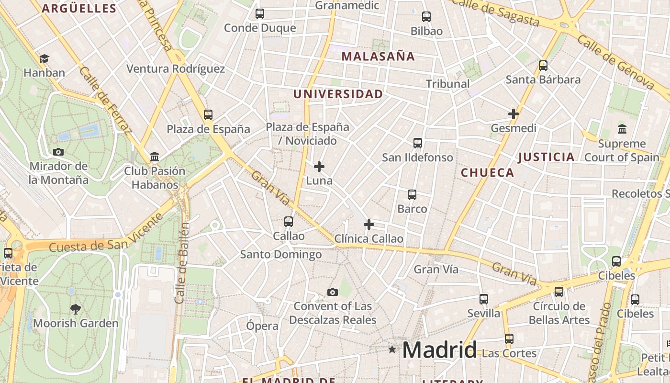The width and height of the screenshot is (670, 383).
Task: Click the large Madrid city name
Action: tap(439, 350)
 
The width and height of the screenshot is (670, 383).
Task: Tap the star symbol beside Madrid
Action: tap(392, 349)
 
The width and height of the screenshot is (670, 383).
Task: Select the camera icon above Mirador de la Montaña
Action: tap(58, 152)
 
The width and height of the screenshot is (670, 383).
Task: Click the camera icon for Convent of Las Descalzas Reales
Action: tap(333, 292)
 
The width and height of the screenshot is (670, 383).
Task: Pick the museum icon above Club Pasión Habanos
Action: tap(155, 157)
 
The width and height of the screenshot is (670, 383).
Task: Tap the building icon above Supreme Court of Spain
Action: tap(622, 129)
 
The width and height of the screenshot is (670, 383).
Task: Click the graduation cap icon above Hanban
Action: tap(44, 58)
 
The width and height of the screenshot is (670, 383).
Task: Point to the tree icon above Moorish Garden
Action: tap(75, 309)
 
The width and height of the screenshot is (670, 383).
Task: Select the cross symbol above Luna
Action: tap(319, 167)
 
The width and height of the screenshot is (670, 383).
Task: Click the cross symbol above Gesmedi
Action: tap(514, 114)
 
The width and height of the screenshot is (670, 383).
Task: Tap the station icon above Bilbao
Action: tap(426, 17)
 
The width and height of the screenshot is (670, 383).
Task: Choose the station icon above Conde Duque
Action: tap(260, 14)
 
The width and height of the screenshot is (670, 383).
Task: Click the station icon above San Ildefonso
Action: tap(418, 143)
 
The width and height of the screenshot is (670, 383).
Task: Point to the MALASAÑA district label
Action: tap(378, 56)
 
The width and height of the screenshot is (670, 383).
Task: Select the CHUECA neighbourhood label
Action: tap(487, 173)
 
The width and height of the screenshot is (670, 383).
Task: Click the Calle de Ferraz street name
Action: tap(105, 100)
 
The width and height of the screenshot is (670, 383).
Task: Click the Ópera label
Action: tap(262, 326)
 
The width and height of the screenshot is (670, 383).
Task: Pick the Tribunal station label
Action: tap(447, 84)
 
